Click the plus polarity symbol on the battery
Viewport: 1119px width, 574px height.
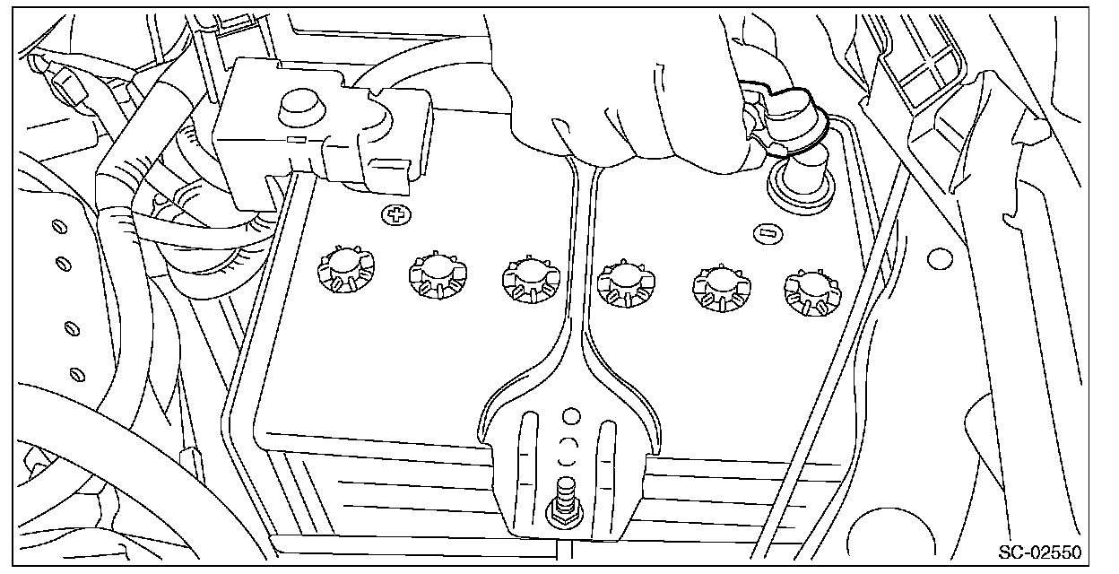coord(393,214)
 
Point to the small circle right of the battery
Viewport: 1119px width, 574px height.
coord(939,260)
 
